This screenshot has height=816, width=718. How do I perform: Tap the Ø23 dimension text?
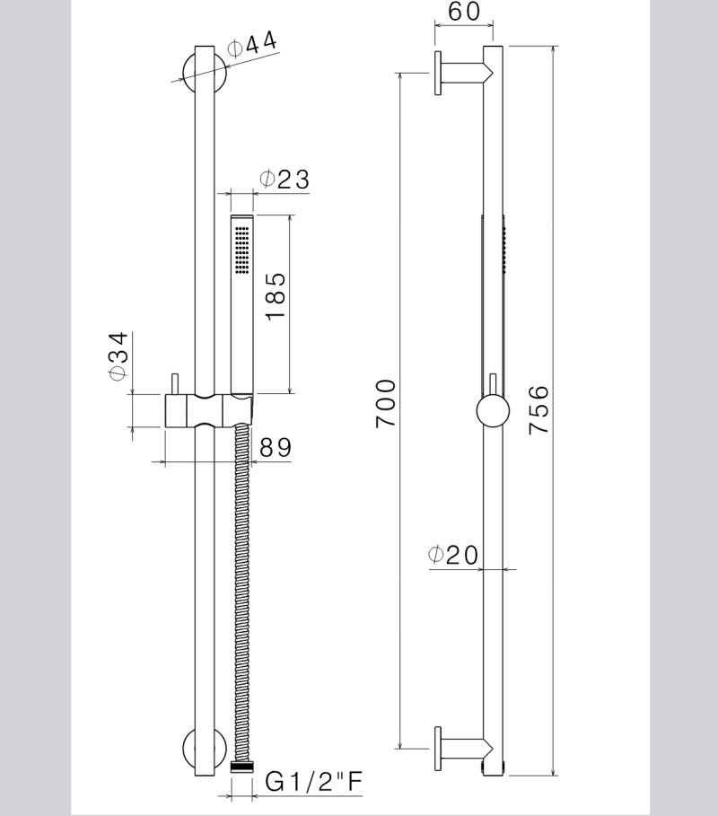coord(284,179)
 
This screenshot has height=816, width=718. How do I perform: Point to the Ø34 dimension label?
coord(118,356)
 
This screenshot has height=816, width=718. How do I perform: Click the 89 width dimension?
coord(275,447)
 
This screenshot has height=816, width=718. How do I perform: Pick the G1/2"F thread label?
coord(314,784)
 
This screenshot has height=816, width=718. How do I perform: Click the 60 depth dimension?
coord(464,13)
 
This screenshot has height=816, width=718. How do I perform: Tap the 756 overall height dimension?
coord(538,410)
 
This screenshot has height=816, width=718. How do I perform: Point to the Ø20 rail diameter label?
coord(454,556)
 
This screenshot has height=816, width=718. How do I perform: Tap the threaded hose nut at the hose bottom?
coord(241,768)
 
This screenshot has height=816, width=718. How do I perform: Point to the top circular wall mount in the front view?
coord(202,73)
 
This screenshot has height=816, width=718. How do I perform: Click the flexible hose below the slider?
coord(241,583)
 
